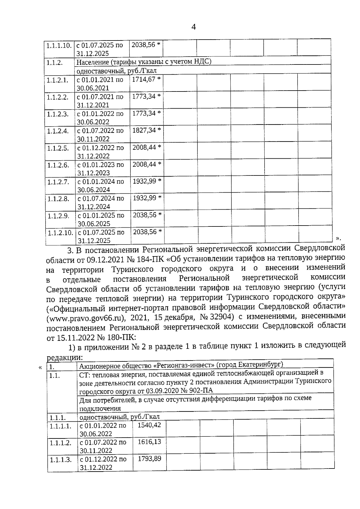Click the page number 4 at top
193,27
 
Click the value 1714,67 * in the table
146,79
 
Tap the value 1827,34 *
146,130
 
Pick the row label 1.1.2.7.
58,182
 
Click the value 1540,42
149,425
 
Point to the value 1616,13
149,442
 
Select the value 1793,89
149,459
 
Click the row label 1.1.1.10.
58,46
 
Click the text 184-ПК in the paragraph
154,258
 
